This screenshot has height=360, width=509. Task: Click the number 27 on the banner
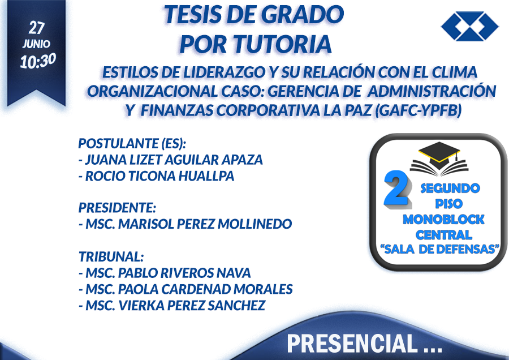(36, 28)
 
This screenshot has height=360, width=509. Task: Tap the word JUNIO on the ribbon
(36, 44)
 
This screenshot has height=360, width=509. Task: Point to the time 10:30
(38, 61)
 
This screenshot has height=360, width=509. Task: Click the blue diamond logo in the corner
(470, 26)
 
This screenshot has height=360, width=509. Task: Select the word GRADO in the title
(302, 15)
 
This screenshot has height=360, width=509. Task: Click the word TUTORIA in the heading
(282, 44)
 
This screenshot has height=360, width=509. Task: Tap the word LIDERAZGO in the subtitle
(225, 72)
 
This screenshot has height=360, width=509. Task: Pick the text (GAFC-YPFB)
(418, 111)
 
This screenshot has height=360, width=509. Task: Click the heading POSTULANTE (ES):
(132, 143)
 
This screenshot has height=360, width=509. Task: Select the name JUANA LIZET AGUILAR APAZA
(174, 160)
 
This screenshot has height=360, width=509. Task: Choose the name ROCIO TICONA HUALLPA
(159, 176)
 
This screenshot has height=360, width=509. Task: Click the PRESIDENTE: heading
(117, 208)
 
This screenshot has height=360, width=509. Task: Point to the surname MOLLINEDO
(255, 224)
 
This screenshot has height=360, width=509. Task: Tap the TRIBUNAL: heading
(111, 256)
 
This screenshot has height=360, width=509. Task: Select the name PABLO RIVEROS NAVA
(184, 273)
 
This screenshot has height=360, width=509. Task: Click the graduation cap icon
(439, 158)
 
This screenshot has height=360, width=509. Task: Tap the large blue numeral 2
(396, 188)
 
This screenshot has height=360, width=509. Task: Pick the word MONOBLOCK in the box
(443, 220)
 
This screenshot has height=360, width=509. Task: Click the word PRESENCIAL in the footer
(352, 344)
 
